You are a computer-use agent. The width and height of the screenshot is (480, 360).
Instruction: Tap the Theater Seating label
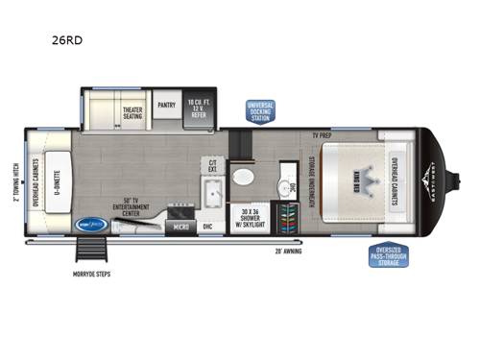coord(132,113)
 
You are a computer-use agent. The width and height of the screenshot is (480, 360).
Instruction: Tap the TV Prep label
coord(320,136)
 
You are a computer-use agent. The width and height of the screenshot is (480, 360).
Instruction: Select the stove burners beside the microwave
coord(180,210)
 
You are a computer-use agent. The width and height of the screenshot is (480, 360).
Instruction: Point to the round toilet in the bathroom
coord(246,179)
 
